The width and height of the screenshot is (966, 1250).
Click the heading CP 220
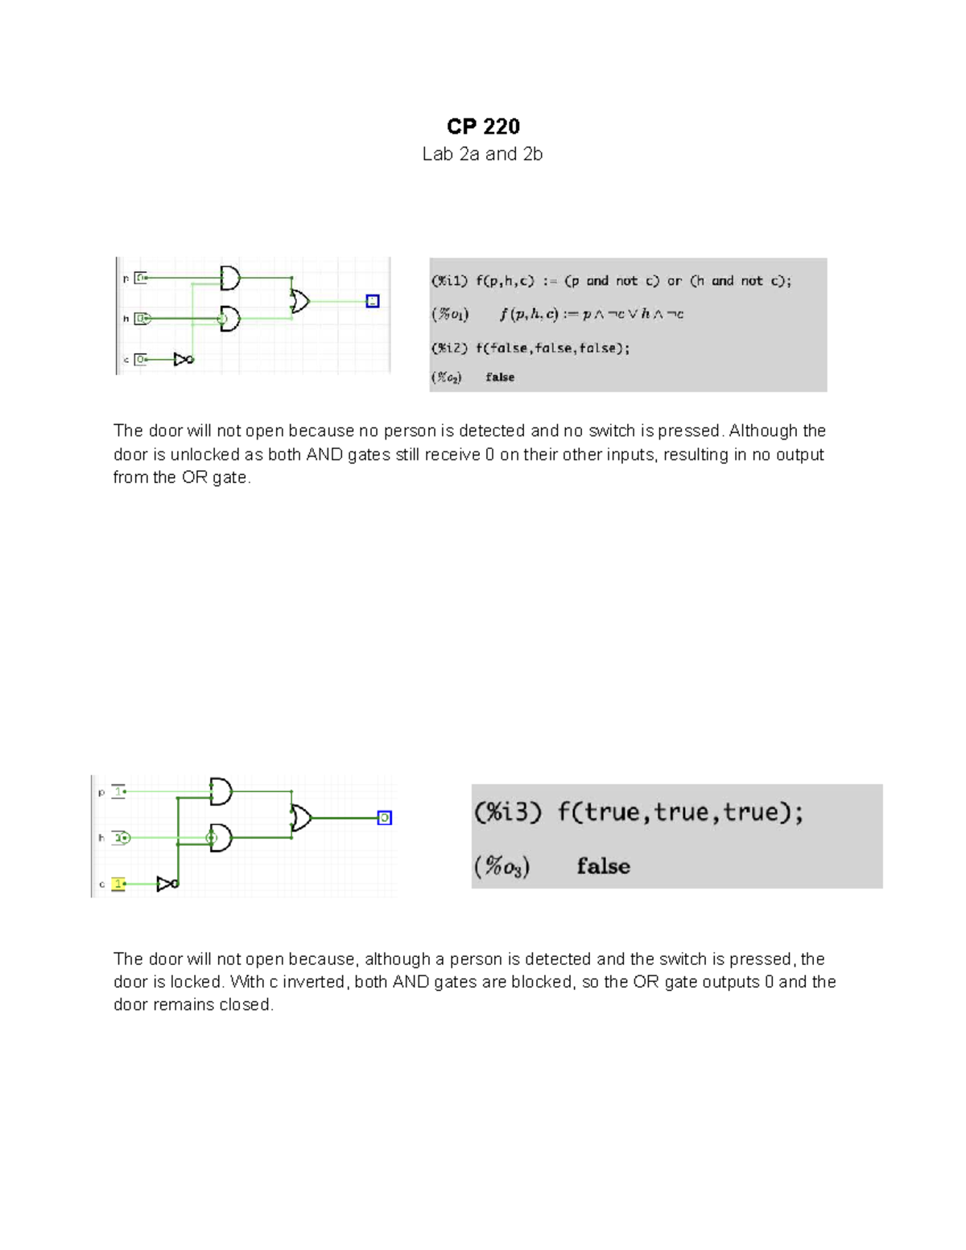coord(483,126)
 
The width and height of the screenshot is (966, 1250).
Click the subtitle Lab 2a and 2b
coord(482,154)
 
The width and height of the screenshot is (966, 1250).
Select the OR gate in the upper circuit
coord(299,301)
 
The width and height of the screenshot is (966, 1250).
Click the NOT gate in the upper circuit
coord(184,359)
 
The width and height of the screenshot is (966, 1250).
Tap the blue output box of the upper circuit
coord(372,301)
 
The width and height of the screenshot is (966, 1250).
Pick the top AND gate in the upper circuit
coord(230,278)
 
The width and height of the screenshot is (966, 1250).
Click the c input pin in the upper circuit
coord(141,359)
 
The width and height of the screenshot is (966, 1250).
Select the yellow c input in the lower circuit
coord(118,884)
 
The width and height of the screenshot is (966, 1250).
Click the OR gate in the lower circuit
coord(301,818)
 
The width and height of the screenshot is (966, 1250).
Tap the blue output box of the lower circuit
coord(385,818)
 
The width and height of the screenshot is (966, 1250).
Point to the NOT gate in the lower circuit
coord(167,884)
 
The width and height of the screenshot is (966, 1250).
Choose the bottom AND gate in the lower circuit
coord(220,838)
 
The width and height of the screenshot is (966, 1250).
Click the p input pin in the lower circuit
coord(118,791)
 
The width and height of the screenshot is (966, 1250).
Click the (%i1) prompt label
coord(449,281)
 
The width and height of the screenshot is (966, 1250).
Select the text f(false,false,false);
coord(552,348)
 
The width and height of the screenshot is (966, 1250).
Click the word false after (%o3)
coord(603,866)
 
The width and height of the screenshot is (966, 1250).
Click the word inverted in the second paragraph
coord(312,982)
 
